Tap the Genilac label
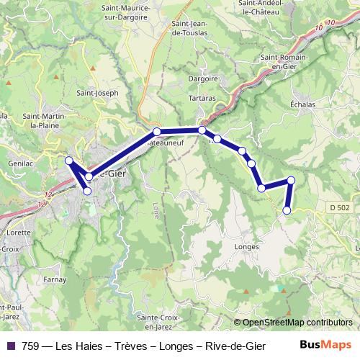(x=17, y=145)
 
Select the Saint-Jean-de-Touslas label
(x=194, y=27)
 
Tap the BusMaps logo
(x=325, y=345)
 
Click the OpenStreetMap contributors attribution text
(x=297, y=323)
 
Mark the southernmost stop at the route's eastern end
(x=287, y=210)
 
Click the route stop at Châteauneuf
(x=156, y=132)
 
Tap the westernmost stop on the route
(x=69, y=161)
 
